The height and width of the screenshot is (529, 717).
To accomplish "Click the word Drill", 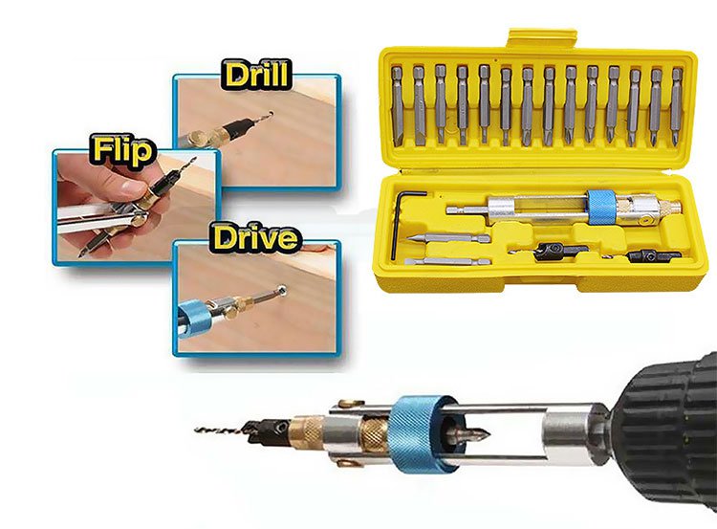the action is point(256,75).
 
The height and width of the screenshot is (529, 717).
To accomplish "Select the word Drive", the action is point(256,236).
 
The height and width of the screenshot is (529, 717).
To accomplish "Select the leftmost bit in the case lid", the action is point(398,105).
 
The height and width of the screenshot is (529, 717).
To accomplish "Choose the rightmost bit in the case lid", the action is point(676,105).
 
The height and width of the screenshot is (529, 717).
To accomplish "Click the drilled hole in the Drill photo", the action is point(272,112).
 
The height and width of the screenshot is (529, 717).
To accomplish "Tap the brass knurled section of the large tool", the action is point(374,435).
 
